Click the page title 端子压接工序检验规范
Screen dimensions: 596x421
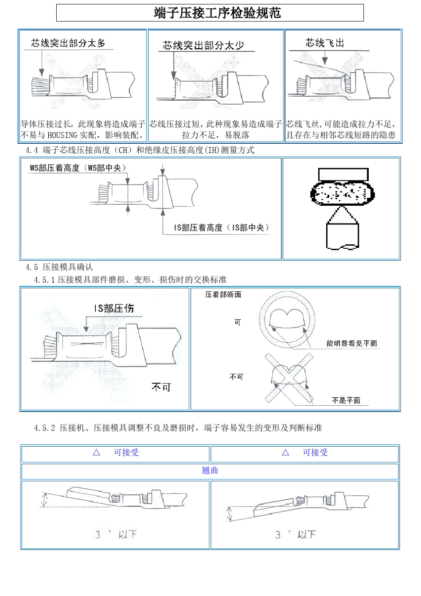tap(217, 13)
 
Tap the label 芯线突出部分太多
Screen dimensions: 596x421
tap(68, 43)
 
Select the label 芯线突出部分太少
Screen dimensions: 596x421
tap(203, 45)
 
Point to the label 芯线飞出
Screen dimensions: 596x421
tap(324, 43)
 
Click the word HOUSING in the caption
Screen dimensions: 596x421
tap(62, 135)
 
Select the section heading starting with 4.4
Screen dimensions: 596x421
tap(140, 150)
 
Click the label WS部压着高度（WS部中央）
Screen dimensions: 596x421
tap(78, 168)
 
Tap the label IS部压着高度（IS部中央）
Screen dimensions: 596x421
tap(221, 228)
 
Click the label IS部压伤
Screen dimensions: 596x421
tap(114, 309)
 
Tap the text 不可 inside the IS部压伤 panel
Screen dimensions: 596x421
tap(161, 387)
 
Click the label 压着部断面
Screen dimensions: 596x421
tap(223, 295)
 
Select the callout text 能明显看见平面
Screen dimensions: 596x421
tap(351, 344)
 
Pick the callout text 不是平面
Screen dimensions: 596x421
tap(346, 400)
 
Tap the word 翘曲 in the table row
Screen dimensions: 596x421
tap(210, 471)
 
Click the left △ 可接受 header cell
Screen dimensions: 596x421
tap(115, 453)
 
